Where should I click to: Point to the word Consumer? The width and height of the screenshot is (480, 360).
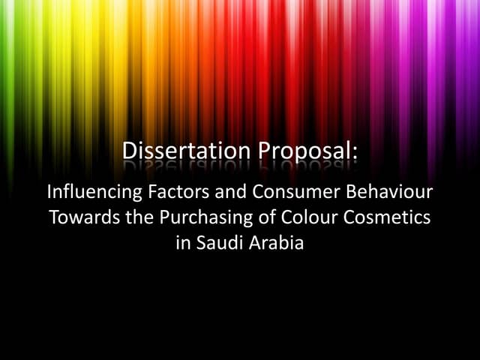coord(289,192)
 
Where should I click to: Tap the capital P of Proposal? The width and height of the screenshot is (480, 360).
coord(265,151)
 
